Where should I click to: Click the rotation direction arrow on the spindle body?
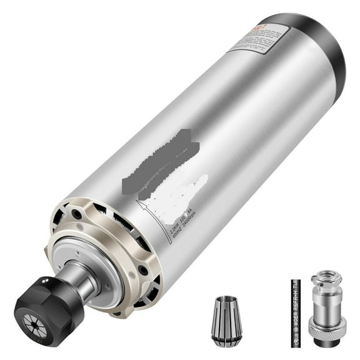point(145,209)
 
